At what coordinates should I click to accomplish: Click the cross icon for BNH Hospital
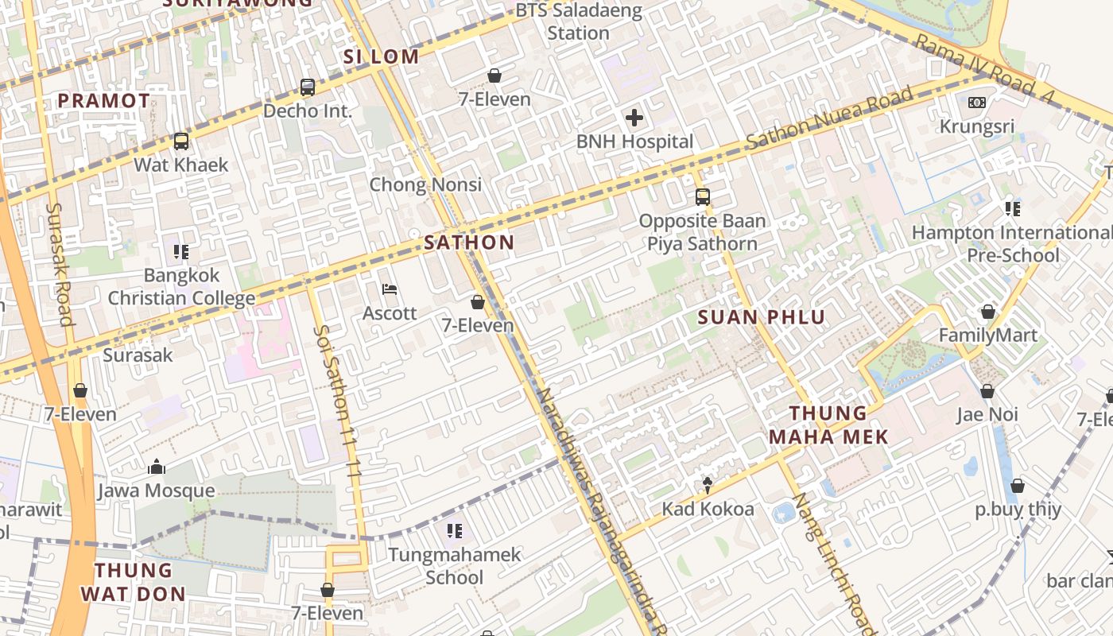point(634,118)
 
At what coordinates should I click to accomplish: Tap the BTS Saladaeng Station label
point(574,22)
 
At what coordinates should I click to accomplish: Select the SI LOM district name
point(381,56)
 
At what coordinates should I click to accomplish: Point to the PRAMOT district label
point(104,101)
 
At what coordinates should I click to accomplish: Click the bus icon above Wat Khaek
point(181,142)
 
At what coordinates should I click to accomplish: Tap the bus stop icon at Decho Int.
point(308,87)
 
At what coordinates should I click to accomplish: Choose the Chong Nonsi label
point(425,184)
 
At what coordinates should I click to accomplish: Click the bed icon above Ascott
point(390,289)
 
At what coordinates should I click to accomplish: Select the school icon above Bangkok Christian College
point(181,252)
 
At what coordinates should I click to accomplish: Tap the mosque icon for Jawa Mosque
point(157,467)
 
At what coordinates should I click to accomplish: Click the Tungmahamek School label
point(454,565)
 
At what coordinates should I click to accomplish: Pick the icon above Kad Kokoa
point(708,485)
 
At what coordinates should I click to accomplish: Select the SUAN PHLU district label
point(762,317)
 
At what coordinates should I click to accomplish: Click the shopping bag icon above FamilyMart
point(988,312)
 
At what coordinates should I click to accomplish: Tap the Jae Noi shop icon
point(987,391)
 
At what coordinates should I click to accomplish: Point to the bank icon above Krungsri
point(977,103)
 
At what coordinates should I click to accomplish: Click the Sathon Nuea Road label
point(829,120)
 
